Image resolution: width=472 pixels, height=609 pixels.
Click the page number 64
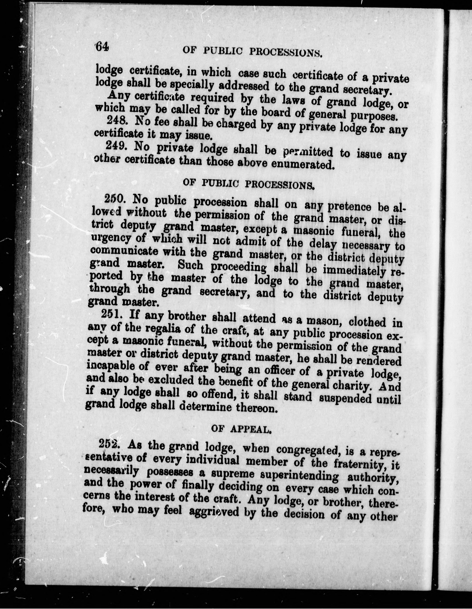pos(101,47)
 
